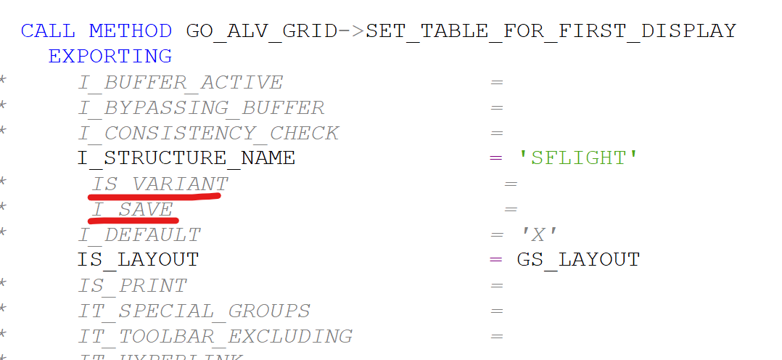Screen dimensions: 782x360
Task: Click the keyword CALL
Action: click(48, 31)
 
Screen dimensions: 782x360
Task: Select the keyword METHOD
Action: click(131, 31)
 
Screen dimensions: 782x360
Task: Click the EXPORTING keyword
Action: click(110, 56)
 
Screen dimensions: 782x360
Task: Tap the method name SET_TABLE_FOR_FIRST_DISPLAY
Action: click(551, 31)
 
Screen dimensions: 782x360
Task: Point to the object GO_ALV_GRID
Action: click(262, 31)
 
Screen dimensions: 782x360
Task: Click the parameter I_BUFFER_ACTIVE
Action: click(180, 83)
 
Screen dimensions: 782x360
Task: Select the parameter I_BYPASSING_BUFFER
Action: click(201, 108)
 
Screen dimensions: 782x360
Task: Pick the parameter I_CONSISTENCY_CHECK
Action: click(208, 134)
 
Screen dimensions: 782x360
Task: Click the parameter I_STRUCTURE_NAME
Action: click(186, 157)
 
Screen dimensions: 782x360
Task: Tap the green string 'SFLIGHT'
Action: click(578, 157)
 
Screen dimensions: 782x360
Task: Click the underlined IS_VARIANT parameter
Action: click(160, 184)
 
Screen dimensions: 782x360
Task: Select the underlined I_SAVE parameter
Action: click(133, 209)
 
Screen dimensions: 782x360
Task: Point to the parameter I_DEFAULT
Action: click(139, 235)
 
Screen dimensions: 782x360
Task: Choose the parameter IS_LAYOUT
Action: click(138, 259)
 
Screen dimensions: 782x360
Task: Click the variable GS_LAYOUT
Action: click(578, 259)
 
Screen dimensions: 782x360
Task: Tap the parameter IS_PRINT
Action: click(132, 286)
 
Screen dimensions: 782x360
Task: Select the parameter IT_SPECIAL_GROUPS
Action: click(194, 311)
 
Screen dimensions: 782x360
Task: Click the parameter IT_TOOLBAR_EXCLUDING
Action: click(215, 337)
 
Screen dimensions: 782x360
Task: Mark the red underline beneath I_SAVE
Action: click(134, 218)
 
